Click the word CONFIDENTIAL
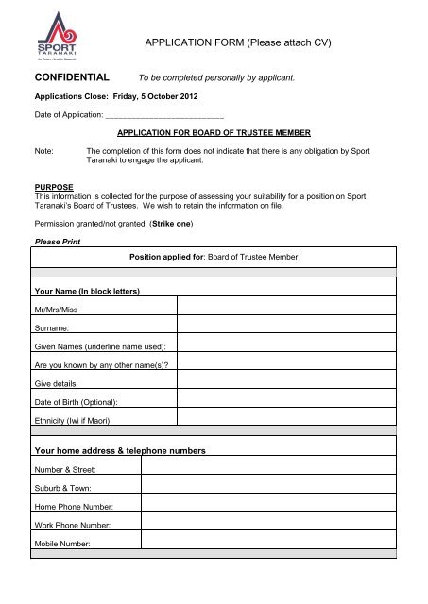pos(72,76)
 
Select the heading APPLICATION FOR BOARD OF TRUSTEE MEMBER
pos(214,133)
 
